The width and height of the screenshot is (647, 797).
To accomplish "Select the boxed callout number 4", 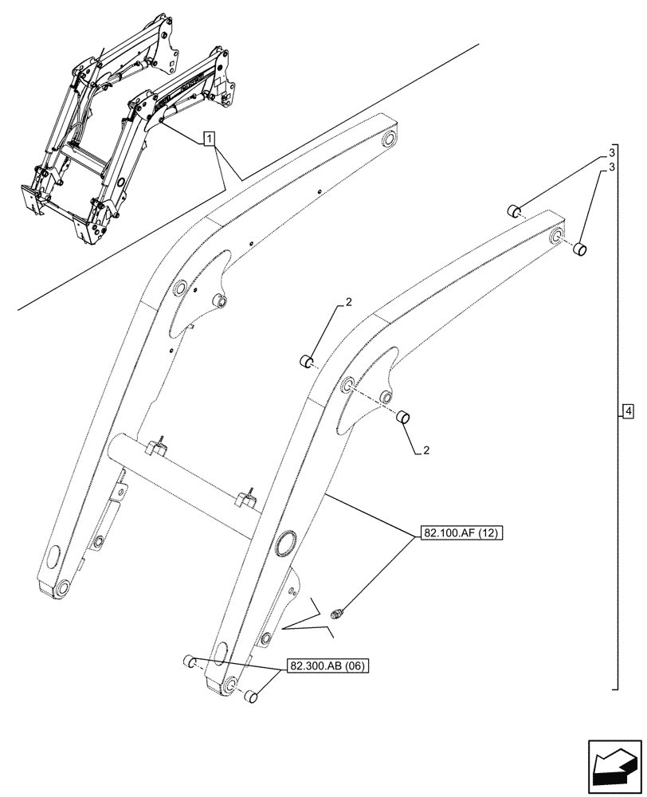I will [628, 411].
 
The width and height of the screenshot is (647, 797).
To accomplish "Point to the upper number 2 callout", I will [348, 301].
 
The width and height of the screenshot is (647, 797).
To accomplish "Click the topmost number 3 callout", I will [611, 151].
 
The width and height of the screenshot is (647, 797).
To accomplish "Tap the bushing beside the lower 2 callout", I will [404, 416].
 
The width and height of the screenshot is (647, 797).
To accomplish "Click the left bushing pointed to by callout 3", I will [515, 211].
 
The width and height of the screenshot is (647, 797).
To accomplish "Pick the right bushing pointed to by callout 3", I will [582, 250].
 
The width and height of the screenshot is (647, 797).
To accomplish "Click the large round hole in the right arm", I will [284, 544].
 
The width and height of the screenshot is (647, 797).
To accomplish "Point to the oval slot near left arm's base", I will [55, 554].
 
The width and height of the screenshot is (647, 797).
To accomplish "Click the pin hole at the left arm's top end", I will [389, 140].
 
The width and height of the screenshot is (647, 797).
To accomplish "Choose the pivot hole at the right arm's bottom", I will [230, 685].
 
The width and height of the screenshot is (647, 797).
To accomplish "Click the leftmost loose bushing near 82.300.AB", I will [190, 660].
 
